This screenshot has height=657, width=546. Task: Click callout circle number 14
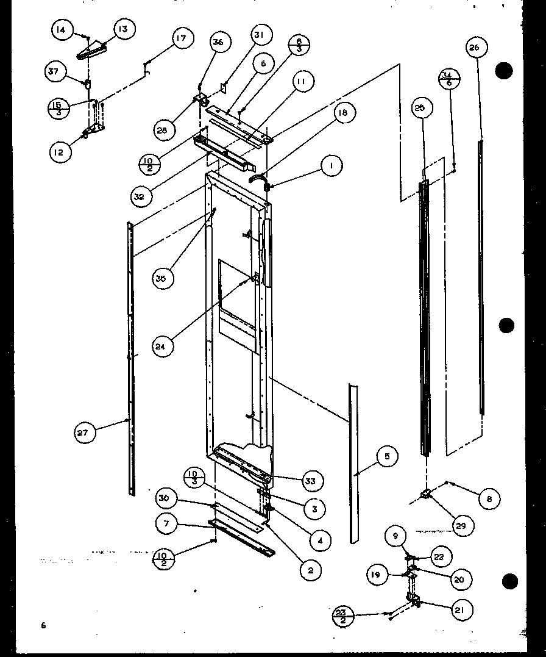[x=63, y=30]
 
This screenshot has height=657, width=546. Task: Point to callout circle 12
[x=59, y=152]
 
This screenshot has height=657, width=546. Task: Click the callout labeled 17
[x=181, y=38]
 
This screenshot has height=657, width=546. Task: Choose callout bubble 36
[x=218, y=42]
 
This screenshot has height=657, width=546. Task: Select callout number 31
[x=260, y=36]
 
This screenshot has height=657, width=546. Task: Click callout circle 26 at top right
[x=476, y=48]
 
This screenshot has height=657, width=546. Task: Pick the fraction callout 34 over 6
[x=448, y=78]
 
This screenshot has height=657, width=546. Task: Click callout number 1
[x=331, y=165]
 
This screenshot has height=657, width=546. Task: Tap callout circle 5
[x=387, y=456]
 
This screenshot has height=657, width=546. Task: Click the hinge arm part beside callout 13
[x=93, y=49]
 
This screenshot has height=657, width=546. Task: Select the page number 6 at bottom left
[x=43, y=625]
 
